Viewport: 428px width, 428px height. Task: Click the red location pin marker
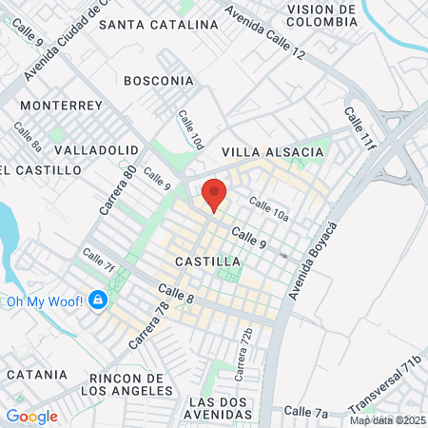click(x=215, y=195)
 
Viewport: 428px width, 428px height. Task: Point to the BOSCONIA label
click(x=158, y=81)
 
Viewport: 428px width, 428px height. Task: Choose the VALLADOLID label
click(x=98, y=150)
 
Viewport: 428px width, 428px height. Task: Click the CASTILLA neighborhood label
click(x=208, y=261)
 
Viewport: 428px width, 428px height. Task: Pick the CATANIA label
click(x=35, y=375)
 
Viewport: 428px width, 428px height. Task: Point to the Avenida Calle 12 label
click(x=265, y=32)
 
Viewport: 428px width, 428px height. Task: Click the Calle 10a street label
click(x=269, y=209)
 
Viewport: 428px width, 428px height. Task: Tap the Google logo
click(x=31, y=416)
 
